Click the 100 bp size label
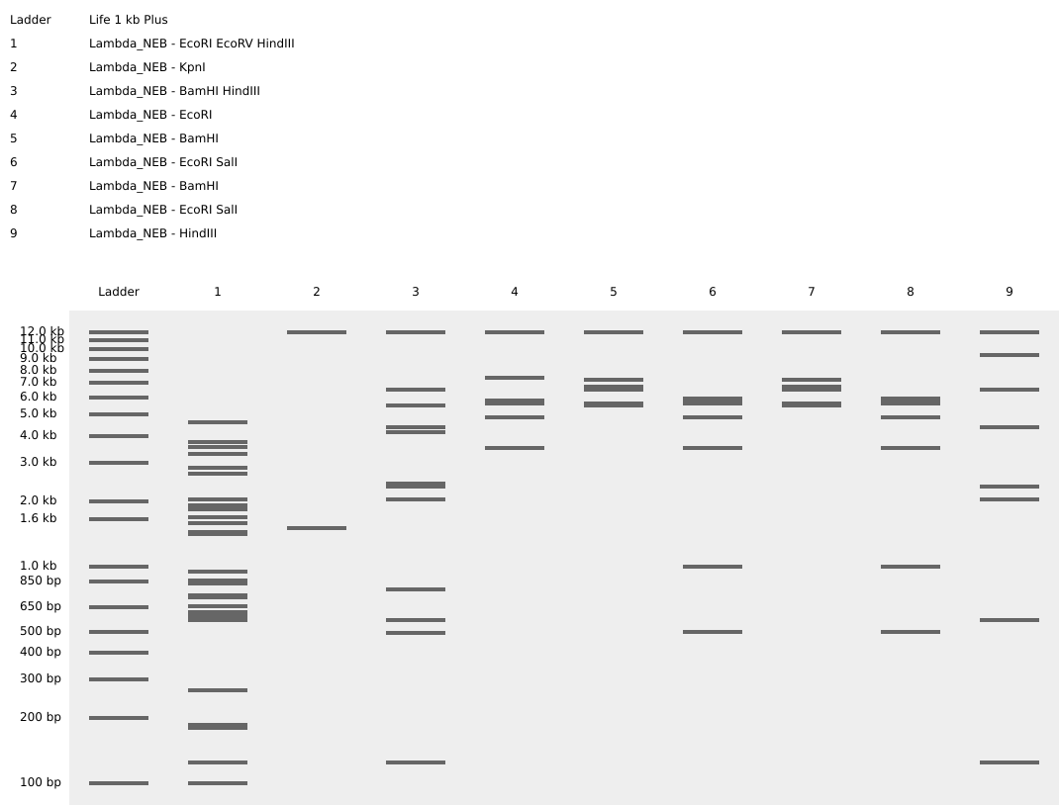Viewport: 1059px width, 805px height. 40,782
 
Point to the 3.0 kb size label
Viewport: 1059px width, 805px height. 40,462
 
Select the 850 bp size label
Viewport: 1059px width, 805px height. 40,581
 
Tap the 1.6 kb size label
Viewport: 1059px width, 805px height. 40,518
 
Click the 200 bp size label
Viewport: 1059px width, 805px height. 40,717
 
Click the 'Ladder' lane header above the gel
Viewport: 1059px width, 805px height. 119,292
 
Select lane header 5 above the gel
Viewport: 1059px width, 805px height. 614,292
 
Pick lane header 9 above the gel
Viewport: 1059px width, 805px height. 1010,292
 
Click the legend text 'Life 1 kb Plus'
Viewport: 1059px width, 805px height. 128,20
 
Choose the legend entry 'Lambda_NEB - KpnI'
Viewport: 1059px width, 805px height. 146,67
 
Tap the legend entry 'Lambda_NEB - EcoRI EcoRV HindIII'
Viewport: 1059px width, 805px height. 191,44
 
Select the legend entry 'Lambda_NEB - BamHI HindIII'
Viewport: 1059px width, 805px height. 174,91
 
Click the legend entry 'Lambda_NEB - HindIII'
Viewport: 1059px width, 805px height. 152,233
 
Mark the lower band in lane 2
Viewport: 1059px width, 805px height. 317,528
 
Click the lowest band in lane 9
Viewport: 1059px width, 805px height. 1010,762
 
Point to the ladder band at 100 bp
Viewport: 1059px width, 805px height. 119,783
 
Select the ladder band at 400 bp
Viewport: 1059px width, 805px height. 119,653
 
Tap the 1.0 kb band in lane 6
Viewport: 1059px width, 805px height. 713,567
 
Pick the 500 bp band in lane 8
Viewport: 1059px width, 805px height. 911,632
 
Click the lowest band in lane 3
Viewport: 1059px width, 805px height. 416,762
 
